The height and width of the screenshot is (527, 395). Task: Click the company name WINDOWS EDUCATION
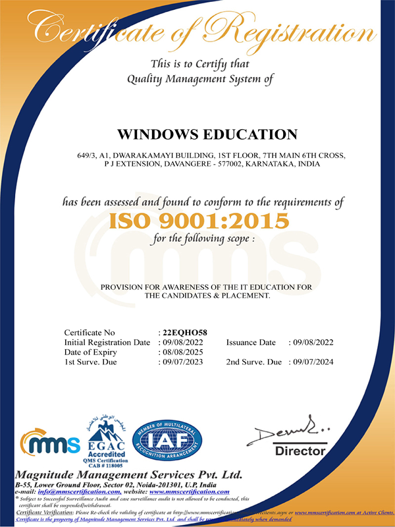pos(207,134)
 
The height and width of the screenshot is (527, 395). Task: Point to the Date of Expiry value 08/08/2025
pos(182,352)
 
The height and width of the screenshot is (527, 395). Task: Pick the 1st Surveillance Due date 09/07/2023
pos(182,362)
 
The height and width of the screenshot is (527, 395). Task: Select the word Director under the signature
pos(300,451)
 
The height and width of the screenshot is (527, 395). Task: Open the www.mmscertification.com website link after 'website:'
pos(190,491)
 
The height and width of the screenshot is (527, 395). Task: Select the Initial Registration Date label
pos(107,343)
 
